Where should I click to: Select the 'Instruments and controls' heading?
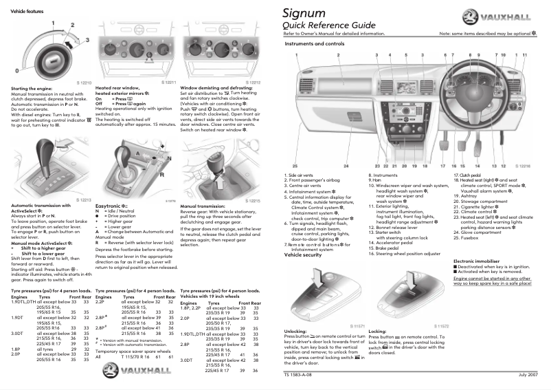(314, 43)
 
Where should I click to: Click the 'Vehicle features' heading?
(25, 12)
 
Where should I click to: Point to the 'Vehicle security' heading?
(303, 254)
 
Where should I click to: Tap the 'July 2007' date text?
(527, 375)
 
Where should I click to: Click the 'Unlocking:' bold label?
(296, 331)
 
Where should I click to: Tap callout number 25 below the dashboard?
(295, 166)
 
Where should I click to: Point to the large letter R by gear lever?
(162, 175)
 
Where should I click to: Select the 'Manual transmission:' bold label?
(202, 206)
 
